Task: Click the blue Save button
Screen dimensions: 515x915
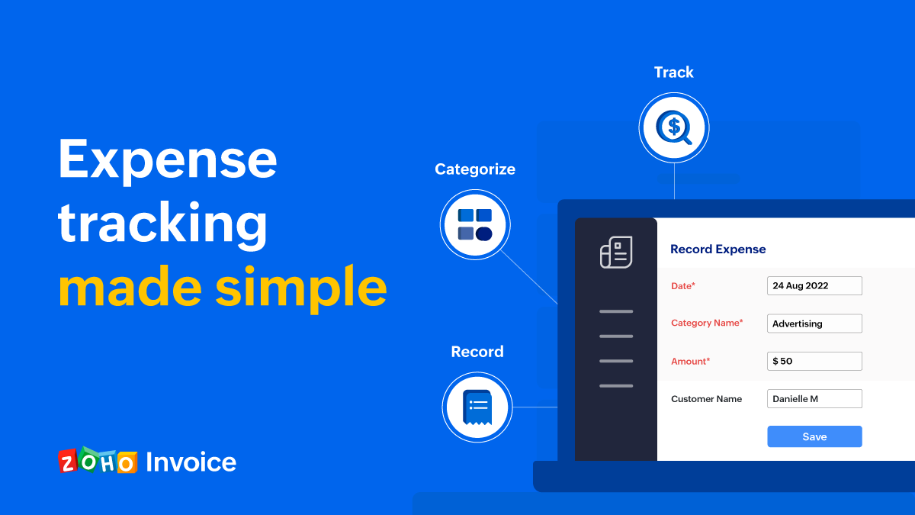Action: click(x=814, y=436)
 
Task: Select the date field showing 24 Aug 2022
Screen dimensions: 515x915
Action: click(x=814, y=285)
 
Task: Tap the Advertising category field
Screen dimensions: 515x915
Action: click(x=814, y=323)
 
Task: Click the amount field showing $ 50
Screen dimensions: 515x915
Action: click(x=814, y=361)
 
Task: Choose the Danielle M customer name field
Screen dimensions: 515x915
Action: click(x=814, y=398)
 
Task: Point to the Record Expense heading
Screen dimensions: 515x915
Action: click(x=718, y=249)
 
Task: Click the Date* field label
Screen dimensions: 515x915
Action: click(x=683, y=285)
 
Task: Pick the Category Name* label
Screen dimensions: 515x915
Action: click(x=707, y=323)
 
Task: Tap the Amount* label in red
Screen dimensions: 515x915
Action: click(x=690, y=361)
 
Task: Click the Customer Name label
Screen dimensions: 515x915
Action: click(x=706, y=398)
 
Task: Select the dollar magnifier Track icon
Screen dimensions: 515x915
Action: click(x=674, y=127)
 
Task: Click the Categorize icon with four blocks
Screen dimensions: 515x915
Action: click(x=475, y=225)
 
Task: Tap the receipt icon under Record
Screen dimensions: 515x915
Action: click(x=477, y=406)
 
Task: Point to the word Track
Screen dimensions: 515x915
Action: click(x=674, y=72)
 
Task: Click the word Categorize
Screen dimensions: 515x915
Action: click(x=475, y=169)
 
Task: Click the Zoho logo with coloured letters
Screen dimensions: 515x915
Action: click(x=98, y=461)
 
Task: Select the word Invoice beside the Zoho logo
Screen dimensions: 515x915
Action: click(x=191, y=462)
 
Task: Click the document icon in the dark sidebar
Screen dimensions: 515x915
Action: click(x=616, y=252)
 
